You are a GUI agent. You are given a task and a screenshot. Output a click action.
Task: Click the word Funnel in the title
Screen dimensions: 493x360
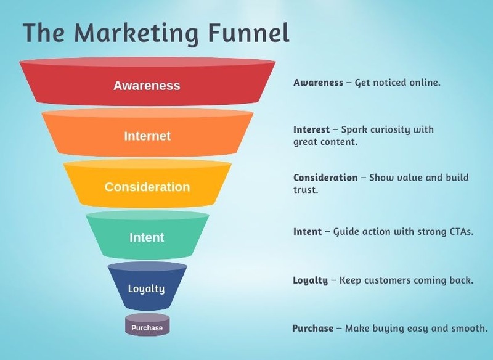(248, 33)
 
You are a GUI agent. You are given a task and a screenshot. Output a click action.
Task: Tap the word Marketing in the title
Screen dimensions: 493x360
(136, 35)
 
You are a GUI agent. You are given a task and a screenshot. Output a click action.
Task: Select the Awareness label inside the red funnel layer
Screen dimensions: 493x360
(147, 86)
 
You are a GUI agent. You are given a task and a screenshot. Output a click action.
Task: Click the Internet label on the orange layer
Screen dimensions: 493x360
(147, 136)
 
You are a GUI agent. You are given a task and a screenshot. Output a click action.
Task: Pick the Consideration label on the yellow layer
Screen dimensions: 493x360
(147, 187)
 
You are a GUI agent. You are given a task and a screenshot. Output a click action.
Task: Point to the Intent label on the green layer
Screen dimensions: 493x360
(147, 237)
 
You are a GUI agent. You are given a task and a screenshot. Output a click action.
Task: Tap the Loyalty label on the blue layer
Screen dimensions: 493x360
(146, 289)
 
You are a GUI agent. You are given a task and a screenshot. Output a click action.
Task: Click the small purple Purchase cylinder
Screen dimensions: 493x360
(147, 325)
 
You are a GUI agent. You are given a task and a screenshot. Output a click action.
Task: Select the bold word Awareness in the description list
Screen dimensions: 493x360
(318, 83)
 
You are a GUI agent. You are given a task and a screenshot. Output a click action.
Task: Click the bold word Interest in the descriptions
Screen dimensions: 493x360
(311, 129)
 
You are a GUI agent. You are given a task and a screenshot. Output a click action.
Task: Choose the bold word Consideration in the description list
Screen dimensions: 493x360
(325, 178)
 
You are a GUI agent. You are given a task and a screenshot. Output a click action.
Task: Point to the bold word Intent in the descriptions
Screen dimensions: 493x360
(307, 232)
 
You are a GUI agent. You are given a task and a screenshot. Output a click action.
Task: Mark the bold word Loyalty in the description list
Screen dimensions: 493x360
(311, 280)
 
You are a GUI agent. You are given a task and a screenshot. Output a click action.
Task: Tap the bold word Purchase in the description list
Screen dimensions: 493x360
(313, 329)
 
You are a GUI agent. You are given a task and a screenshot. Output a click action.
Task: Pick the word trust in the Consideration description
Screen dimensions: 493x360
(306, 190)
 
